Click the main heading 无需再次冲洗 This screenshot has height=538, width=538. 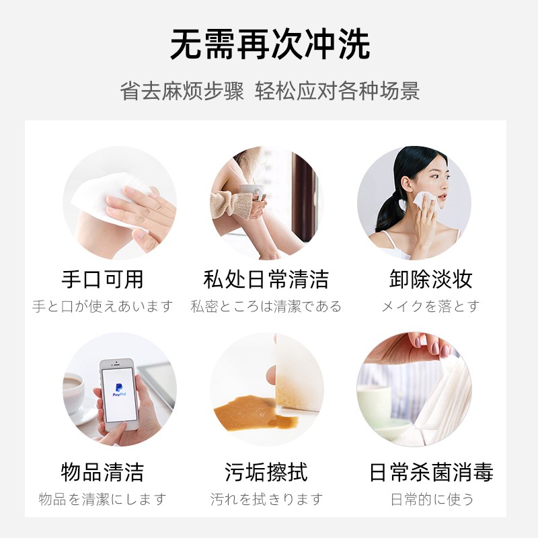270,45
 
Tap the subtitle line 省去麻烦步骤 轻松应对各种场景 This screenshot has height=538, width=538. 270,91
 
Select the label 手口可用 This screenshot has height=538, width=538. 102,279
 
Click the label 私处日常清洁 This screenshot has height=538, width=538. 266,279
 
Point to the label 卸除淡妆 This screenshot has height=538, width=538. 431,279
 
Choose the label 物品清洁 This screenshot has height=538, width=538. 102,473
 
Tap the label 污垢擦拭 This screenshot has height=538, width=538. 266,473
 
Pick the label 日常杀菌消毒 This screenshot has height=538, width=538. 431,473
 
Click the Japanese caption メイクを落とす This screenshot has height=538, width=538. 430,306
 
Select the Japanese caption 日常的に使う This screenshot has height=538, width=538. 432,500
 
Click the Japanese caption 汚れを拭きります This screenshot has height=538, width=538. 266,500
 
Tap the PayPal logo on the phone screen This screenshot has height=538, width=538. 119,390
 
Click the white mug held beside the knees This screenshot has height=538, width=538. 253,193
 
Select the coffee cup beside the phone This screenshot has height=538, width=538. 73,393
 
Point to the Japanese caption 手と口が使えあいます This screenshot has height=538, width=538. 102,306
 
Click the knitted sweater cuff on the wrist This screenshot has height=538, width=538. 231,204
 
